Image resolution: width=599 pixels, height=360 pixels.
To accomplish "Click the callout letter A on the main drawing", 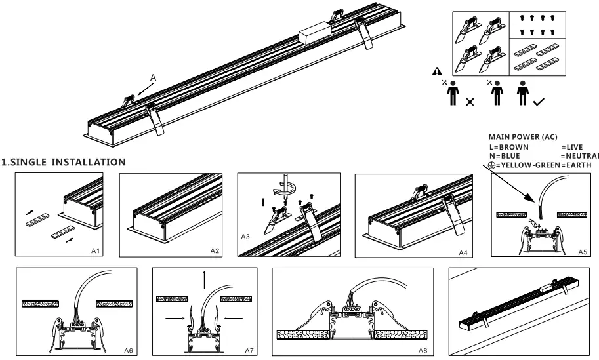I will tap(153, 78).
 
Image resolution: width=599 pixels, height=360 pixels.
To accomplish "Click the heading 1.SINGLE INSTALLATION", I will tap(64, 161).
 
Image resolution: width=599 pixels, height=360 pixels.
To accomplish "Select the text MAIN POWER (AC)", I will tap(523, 137).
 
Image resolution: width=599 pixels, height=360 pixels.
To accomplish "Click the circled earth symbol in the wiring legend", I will tap(493, 165).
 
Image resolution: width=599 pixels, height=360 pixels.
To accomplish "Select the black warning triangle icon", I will tap(437, 73).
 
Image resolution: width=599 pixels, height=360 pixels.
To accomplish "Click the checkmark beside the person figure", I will tap(538, 102).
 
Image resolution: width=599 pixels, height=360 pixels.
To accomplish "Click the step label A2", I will tap(215, 250).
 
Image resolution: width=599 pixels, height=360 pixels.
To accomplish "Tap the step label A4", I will tap(461, 251).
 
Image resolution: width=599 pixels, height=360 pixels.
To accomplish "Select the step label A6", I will tap(129, 351).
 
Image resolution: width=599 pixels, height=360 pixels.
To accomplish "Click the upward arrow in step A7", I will tap(204, 276).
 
